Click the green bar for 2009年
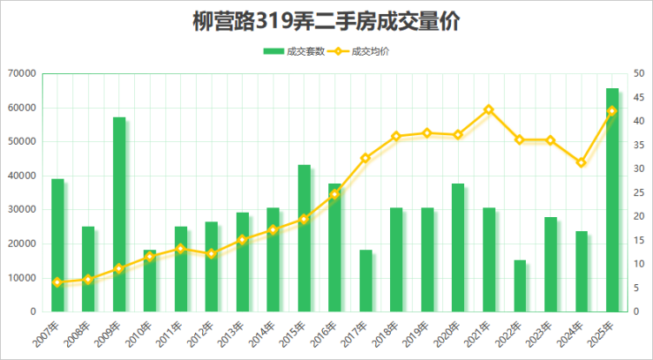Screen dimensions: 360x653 click(119, 214)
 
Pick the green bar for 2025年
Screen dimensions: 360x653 click(612, 200)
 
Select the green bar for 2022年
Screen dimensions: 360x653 click(520, 286)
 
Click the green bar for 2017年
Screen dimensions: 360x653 click(365, 281)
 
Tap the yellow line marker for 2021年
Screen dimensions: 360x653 click(489, 109)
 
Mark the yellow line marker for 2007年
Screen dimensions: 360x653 click(57, 282)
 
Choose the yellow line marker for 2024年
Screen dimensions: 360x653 click(581, 162)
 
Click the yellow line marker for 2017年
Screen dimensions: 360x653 click(365, 158)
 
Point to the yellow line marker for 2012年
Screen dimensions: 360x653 click(211, 254)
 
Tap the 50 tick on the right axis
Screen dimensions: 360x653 click(638, 73)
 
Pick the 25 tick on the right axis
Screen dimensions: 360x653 click(638, 192)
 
